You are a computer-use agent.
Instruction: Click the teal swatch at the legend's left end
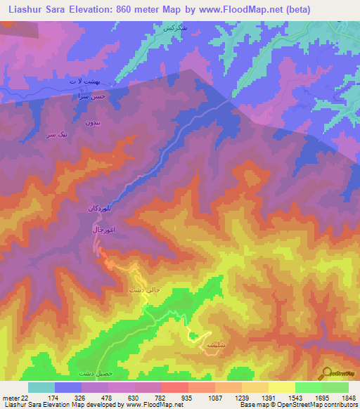(x=41, y=387)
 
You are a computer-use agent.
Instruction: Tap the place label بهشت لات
(x=79, y=83)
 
